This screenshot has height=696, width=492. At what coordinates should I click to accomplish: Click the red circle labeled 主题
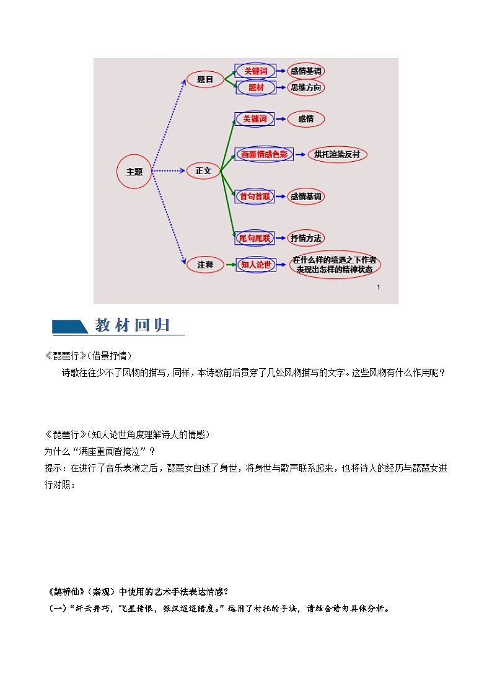[x=134, y=172]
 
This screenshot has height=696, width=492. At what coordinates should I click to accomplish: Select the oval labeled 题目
[x=205, y=79]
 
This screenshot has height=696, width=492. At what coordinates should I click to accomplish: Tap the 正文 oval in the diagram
[x=204, y=170]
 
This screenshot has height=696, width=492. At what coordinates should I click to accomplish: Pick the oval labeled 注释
[x=205, y=265]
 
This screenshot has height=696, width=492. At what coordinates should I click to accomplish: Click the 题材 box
[x=255, y=88]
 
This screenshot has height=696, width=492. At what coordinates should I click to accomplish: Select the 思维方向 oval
[x=306, y=88]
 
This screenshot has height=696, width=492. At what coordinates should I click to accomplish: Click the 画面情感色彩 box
[x=263, y=154]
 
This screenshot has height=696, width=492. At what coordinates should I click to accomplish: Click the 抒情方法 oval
[x=306, y=238]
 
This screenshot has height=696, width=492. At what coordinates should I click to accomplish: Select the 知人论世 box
[x=255, y=265]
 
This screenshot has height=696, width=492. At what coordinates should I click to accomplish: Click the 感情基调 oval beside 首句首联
[x=306, y=196]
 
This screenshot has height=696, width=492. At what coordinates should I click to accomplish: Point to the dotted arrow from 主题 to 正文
[x=169, y=170]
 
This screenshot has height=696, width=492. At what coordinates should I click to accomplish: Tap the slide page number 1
[x=378, y=288]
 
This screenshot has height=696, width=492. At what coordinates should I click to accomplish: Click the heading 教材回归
[x=133, y=325]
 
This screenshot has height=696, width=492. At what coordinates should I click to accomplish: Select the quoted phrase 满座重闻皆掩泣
[x=112, y=451]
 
